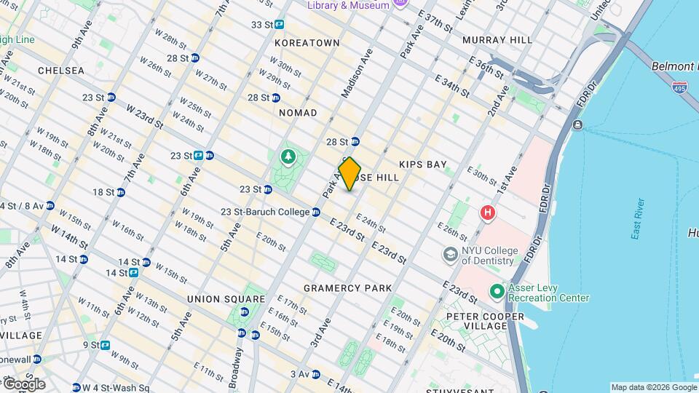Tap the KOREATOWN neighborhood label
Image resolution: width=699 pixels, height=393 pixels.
pyautogui.click(x=307, y=43)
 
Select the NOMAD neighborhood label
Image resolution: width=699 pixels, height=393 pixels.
pyautogui.click(x=298, y=113)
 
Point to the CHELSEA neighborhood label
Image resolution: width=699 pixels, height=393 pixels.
pyautogui.click(x=62, y=71)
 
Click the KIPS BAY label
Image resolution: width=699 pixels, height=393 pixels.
pyautogui.click(x=422, y=165)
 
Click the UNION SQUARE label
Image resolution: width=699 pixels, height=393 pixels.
pyautogui.click(x=226, y=299)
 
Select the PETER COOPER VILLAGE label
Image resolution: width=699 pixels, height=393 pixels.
pyautogui.click(x=485, y=321)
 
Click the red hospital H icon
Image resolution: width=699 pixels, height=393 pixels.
pyautogui.click(x=486, y=213)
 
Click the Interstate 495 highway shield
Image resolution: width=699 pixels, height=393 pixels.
pyautogui.click(x=681, y=87)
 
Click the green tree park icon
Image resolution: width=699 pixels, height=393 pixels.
pyautogui.click(x=288, y=156)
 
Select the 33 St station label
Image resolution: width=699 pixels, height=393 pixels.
pyautogui.click(x=262, y=24)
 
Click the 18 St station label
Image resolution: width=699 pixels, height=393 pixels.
pyautogui.click(x=104, y=192)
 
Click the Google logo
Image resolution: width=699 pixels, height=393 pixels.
pyautogui.click(x=23, y=384)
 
